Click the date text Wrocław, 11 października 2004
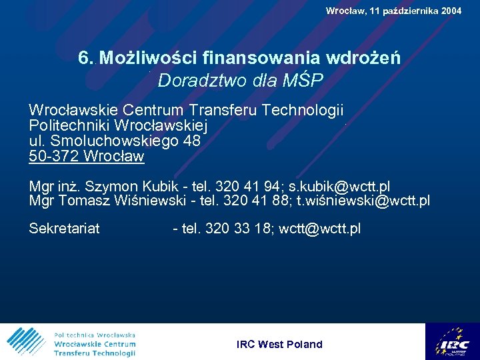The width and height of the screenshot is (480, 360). (x=393, y=11)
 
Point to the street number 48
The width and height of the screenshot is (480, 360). (x=191, y=141)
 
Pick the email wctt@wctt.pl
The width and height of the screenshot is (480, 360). (x=319, y=229)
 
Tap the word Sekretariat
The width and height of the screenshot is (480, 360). (x=64, y=229)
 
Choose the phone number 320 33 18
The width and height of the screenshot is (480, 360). (x=237, y=229)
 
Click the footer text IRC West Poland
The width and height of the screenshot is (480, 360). (x=279, y=345)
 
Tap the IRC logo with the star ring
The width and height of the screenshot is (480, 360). (x=452, y=341)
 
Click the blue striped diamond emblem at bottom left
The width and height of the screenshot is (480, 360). (x=25, y=342)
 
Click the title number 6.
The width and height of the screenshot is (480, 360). (x=84, y=58)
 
